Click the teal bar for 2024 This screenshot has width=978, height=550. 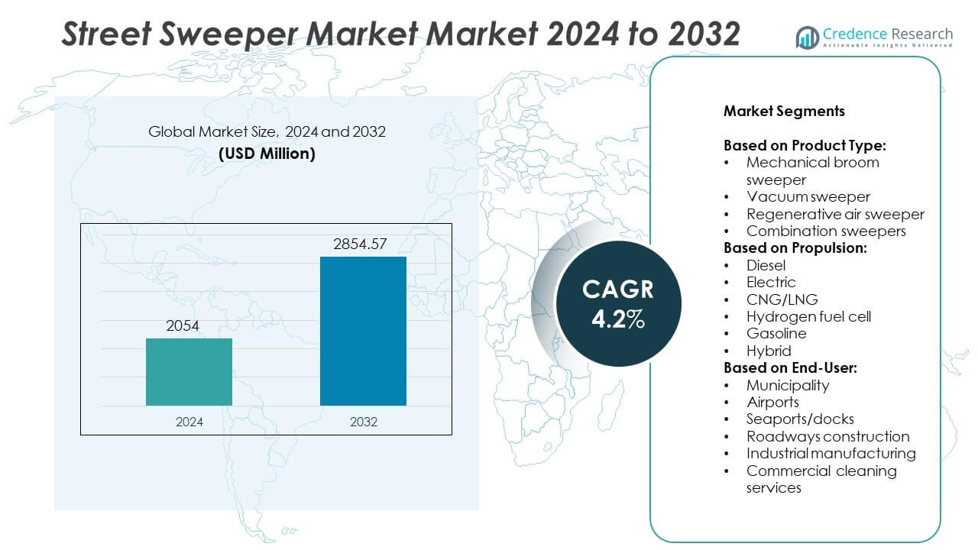click(189, 372)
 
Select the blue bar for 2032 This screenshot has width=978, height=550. click(363, 331)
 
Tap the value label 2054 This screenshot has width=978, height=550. click(183, 326)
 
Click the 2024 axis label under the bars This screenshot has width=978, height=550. click(189, 422)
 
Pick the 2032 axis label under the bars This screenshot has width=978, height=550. click(363, 422)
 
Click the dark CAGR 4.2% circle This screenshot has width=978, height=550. click(618, 304)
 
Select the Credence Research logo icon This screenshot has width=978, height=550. click(807, 37)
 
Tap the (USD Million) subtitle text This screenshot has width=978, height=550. click(267, 154)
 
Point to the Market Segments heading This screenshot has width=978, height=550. click(784, 112)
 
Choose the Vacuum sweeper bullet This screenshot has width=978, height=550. click(808, 197)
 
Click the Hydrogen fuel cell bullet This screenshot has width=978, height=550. click(808, 316)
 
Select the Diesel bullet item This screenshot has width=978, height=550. click(766, 265)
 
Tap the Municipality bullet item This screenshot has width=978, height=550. click(788, 385)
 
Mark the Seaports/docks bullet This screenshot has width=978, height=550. click(800, 419)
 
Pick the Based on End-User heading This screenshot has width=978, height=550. click(790, 367)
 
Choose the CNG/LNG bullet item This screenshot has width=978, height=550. click(782, 299)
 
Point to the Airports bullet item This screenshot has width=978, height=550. click(772, 402)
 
